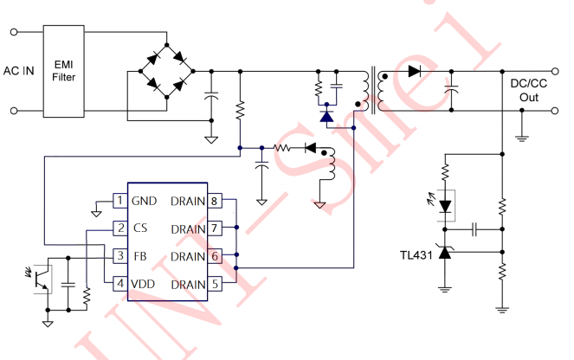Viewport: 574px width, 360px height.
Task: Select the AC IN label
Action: click(18, 71)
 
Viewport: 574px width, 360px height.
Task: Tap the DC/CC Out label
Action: click(529, 90)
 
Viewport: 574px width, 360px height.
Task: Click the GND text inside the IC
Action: click(145, 201)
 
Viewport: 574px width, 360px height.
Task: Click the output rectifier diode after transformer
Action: click(414, 72)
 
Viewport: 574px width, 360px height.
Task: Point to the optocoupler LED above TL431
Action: click(445, 206)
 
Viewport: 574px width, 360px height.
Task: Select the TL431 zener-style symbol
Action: click(445, 253)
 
